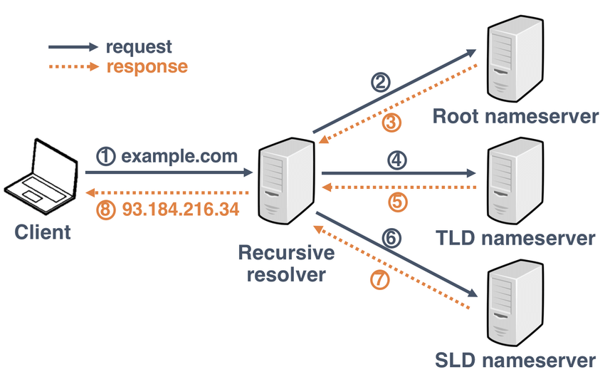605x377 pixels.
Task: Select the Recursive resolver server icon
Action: [287, 182]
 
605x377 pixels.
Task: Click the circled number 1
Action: [105, 156]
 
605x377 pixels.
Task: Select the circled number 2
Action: [382, 83]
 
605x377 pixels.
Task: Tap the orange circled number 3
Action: [391, 123]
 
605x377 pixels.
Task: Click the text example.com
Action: [179, 156]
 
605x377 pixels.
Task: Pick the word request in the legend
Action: [139, 47]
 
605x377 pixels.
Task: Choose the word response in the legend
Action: [147, 67]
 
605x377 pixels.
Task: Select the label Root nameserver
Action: [516, 117]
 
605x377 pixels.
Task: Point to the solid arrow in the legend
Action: [73, 47]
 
